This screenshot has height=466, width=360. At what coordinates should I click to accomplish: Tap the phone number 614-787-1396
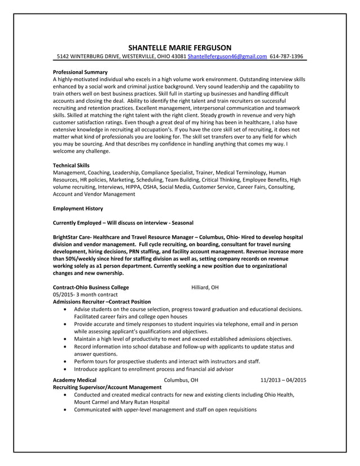(286, 57)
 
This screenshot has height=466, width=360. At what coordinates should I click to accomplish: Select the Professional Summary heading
(80, 72)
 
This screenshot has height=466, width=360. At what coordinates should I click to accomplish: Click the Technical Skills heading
(71, 165)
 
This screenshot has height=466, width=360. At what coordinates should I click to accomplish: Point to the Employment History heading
(77, 208)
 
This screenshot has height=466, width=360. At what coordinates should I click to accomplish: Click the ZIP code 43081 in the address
(177, 57)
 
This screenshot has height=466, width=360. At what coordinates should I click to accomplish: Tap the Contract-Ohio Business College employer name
(90, 287)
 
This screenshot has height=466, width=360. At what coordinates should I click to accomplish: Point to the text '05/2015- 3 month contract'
(85, 294)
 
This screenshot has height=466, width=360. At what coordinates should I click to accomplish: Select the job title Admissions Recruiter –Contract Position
(102, 302)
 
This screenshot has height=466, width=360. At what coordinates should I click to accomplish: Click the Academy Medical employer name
(74, 380)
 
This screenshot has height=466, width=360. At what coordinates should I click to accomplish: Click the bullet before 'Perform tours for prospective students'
(68, 361)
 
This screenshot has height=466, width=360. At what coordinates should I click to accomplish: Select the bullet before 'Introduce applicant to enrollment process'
(68, 368)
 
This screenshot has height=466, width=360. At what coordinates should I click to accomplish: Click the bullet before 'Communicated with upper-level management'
(68, 410)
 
